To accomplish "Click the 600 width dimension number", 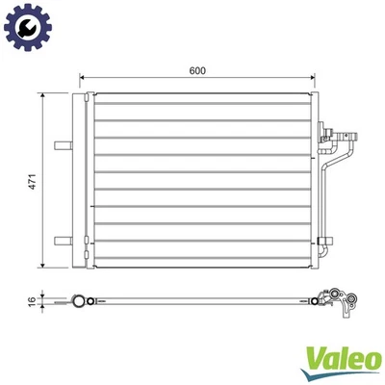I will pyautogui.click(x=198, y=71).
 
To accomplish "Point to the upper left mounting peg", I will pyautogui.click(x=64, y=146).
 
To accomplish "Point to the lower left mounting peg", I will pyautogui.click(x=64, y=240).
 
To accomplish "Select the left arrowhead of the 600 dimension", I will pyautogui.click(x=83, y=78).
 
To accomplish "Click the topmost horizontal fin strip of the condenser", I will pyautogui.click(x=202, y=100).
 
